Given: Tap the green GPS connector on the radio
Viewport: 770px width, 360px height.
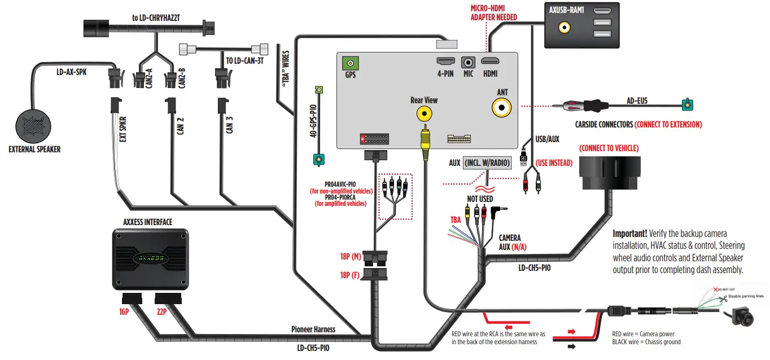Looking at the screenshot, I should tap(351, 63).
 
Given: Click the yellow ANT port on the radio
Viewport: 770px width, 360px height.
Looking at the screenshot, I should tap(501, 107).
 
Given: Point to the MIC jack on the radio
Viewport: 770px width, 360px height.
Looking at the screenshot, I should tap(468, 63).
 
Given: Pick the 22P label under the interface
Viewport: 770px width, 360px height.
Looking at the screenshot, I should tap(162, 310).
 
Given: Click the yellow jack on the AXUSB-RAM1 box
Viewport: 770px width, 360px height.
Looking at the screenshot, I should tap(563, 27).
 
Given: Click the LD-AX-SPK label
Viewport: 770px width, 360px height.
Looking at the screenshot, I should tap(71, 72).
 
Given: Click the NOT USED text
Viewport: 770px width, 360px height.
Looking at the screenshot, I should tap(480, 199).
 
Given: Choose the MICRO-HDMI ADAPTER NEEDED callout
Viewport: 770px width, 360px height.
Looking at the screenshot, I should tap(493, 13).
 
